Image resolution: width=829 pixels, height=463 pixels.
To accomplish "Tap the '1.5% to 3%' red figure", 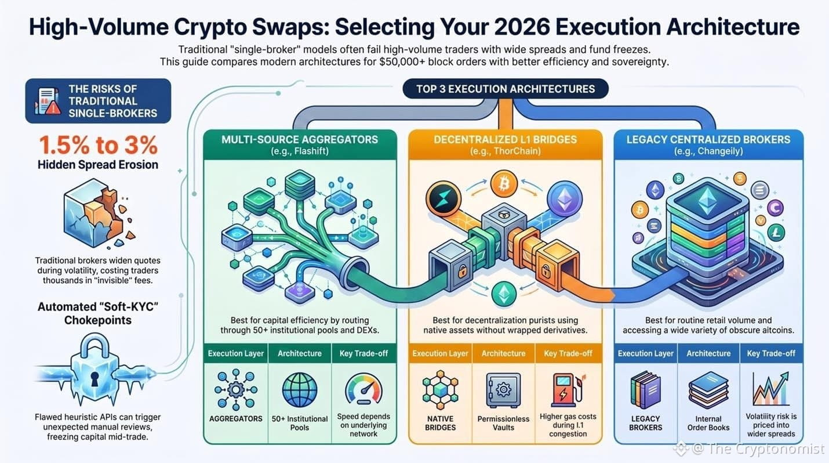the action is click(x=98, y=144).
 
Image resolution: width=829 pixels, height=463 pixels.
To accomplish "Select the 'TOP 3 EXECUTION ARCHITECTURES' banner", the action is click(x=506, y=89).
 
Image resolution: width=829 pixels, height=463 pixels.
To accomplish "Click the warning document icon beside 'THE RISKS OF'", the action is click(x=48, y=101).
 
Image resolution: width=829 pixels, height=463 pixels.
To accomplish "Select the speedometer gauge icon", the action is click(x=363, y=389).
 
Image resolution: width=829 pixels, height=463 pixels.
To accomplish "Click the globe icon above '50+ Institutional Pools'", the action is click(x=299, y=390).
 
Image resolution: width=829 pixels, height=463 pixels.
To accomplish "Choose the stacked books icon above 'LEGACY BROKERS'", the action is click(x=645, y=390).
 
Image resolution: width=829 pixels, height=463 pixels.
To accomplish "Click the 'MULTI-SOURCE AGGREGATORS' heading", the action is click(x=300, y=140).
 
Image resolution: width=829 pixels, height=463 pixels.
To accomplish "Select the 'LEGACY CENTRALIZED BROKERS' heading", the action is click(x=708, y=140).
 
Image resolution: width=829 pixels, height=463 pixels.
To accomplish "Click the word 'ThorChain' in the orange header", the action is click(x=512, y=151).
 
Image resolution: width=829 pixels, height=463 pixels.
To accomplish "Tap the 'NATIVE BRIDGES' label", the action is click(x=441, y=423).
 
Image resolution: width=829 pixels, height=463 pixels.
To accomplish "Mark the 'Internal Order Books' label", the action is click(x=708, y=423).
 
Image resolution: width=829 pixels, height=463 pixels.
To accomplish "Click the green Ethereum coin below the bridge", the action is click(x=504, y=294).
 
